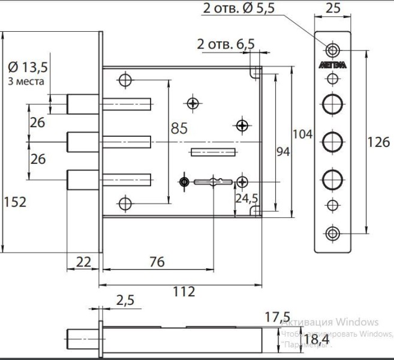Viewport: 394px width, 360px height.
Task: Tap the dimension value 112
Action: pos(183,292)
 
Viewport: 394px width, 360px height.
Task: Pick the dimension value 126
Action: pos(378,142)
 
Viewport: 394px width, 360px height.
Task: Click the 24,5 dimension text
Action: pos(246,197)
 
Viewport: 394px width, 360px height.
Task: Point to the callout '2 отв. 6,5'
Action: pos(225,44)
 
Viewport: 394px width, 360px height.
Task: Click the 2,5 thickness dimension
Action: pos(125,299)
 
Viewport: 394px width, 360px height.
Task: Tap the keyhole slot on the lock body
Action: pos(213,181)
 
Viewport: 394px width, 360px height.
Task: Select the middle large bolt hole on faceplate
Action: pos(332,142)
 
